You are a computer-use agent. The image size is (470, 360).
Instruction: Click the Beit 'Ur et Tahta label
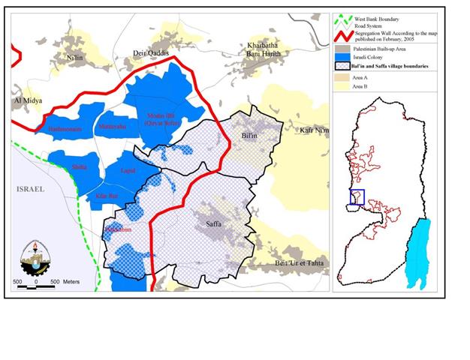[x=300, y=262]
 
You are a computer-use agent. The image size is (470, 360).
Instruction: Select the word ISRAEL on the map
[x=30, y=190]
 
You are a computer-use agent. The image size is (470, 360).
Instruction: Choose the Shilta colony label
[x=78, y=166]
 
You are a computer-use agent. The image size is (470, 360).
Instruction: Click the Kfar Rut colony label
[x=108, y=196]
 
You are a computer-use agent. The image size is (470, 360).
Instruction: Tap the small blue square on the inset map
[x=357, y=196]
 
